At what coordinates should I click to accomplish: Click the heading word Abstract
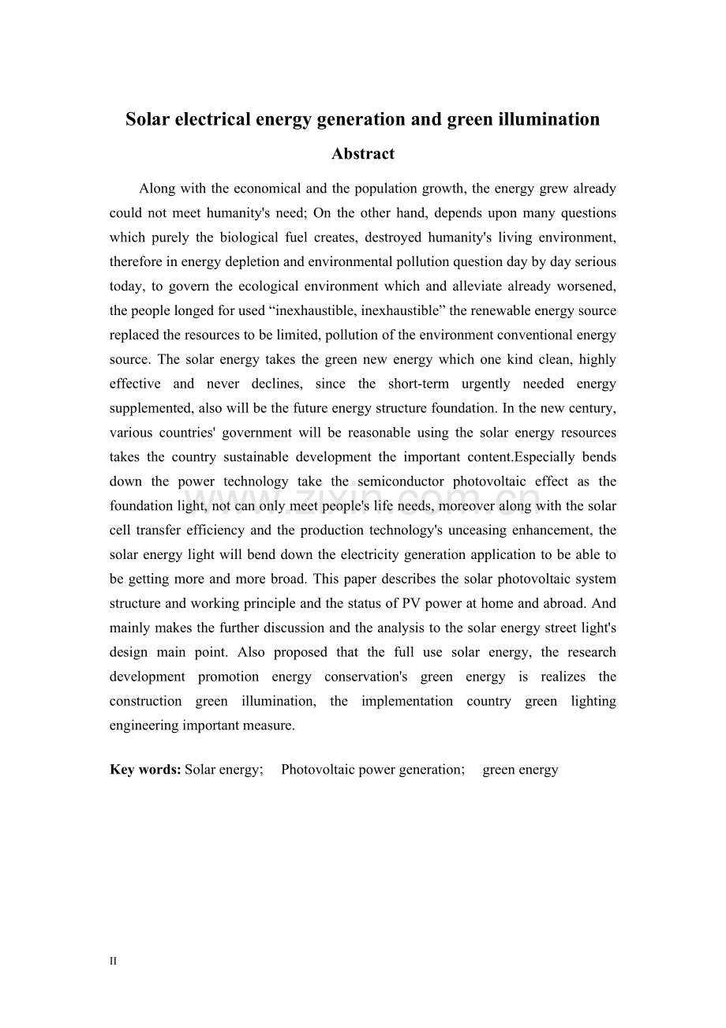click(x=362, y=154)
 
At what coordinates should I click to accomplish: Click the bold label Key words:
click(x=145, y=770)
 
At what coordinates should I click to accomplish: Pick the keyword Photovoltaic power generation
click(x=372, y=770)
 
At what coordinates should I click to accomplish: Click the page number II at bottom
click(x=113, y=962)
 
